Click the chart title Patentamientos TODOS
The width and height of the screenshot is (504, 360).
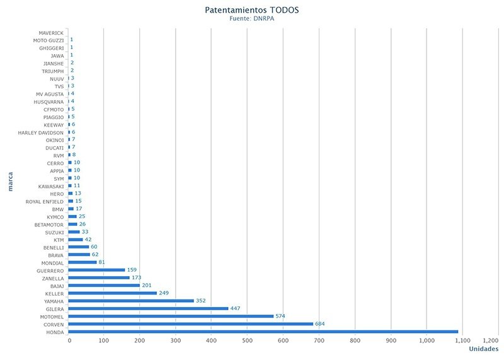[x=252, y=11]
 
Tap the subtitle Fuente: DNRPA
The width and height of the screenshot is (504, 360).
[x=252, y=19]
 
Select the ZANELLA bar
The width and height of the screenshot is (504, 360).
[x=99, y=277]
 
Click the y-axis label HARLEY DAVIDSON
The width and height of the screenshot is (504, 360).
[x=41, y=133]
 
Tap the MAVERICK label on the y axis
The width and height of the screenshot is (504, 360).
[x=50, y=32]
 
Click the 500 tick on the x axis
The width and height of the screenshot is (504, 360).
[x=247, y=341]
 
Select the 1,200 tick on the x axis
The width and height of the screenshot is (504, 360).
[x=490, y=341]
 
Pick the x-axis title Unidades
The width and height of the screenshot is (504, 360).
[x=484, y=349]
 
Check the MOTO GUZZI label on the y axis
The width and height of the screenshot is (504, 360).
[x=49, y=40]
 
